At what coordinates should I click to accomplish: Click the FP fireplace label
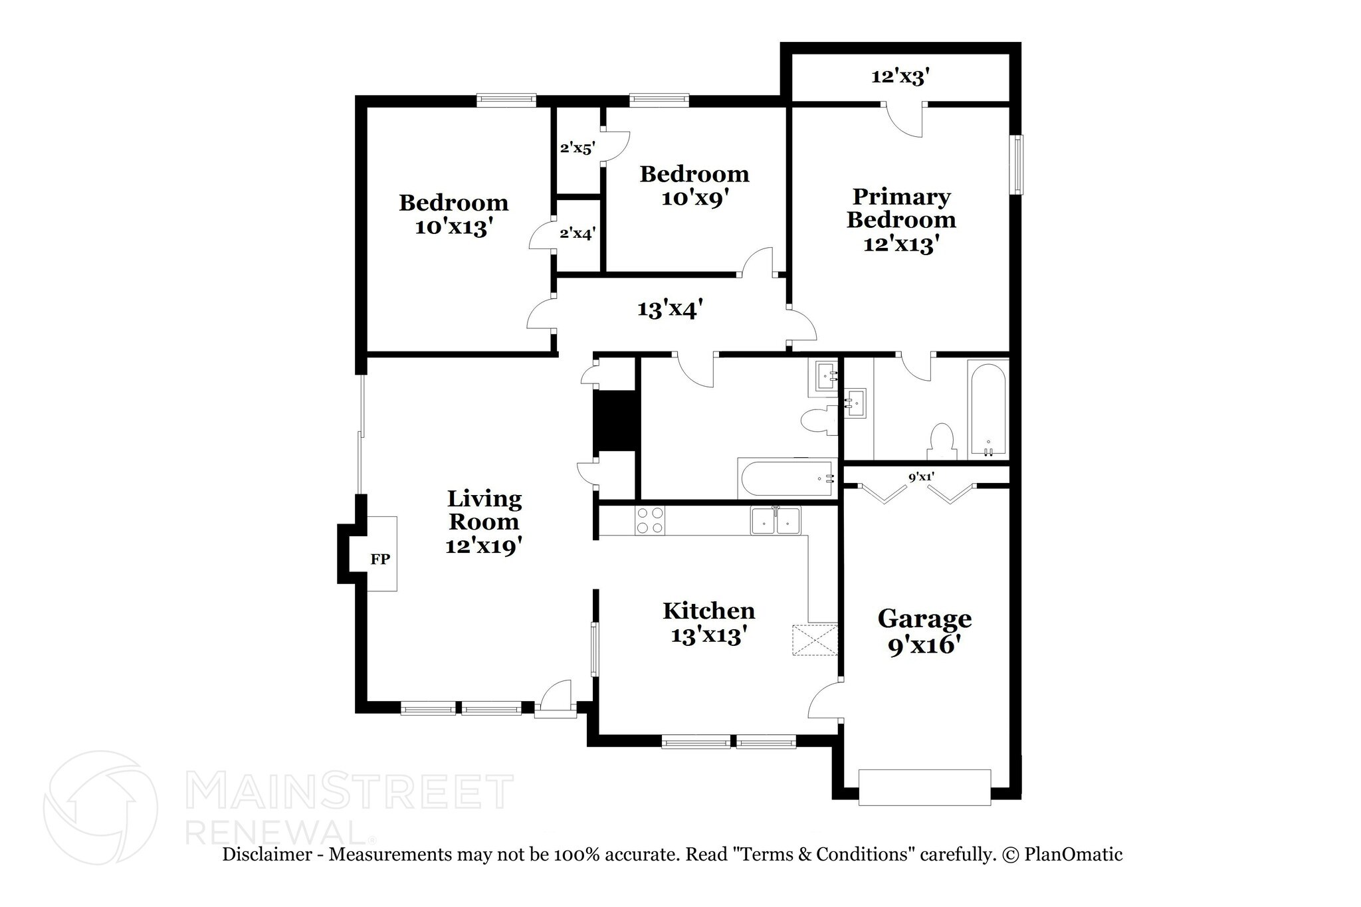point(379,559)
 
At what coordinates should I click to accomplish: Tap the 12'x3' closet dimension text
point(900,77)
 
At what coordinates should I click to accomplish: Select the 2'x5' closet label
point(576,148)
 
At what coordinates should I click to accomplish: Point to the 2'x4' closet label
point(577,233)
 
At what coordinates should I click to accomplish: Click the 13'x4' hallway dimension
point(670,309)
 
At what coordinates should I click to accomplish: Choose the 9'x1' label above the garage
point(921,476)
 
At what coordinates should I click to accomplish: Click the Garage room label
point(924,619)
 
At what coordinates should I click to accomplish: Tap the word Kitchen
point(708,611)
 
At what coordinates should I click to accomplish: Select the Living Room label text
point(484,510)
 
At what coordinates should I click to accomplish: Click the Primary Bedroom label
point(900,208)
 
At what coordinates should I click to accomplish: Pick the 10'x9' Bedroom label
point(694,186)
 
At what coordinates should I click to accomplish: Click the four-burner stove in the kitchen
point(650,520)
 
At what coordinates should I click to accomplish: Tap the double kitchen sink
point(776,520)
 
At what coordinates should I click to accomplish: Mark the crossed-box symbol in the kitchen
point(815,640)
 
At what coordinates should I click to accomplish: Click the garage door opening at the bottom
point(924,787)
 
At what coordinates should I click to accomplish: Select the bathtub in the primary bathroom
point(988,409)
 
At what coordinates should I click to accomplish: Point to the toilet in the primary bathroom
point(941,441)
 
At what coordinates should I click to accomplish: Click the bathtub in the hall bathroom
point(787,479)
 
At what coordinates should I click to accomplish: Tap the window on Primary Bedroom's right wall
point(1016,165)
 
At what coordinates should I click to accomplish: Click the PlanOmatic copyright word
point(1073,855)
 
